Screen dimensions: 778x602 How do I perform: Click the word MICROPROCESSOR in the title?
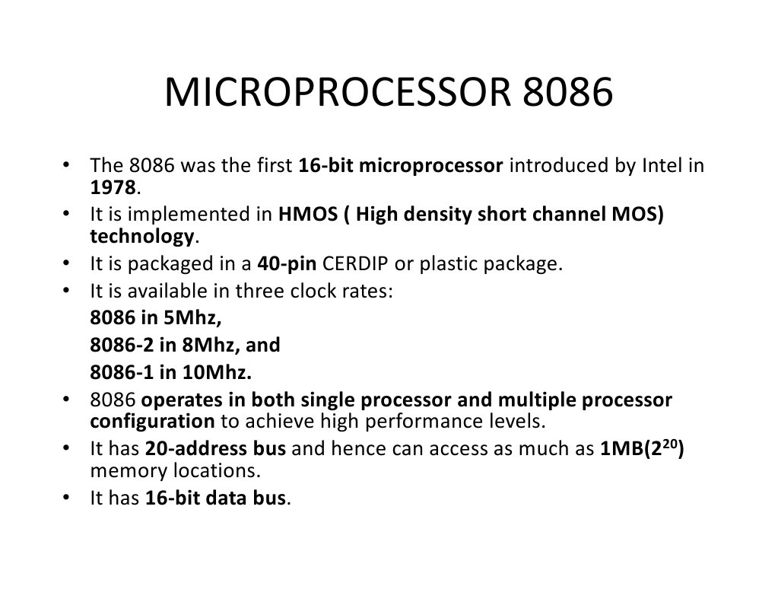[338, 92]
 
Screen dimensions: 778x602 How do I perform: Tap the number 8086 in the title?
[567, 92]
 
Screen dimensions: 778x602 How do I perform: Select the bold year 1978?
[113, 187]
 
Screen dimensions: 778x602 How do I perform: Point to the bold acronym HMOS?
[308, 214]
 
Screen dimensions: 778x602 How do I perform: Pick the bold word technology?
[142, 237]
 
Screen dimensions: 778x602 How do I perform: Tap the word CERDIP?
[355, 263]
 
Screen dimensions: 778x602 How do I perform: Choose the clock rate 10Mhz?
[217, 372]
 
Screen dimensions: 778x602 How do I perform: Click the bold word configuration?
[152, 422]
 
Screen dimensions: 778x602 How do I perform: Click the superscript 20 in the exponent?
[669, 444]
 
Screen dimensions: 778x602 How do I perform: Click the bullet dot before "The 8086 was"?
[66, 164]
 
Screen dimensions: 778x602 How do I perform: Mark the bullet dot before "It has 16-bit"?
[66, 497]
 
